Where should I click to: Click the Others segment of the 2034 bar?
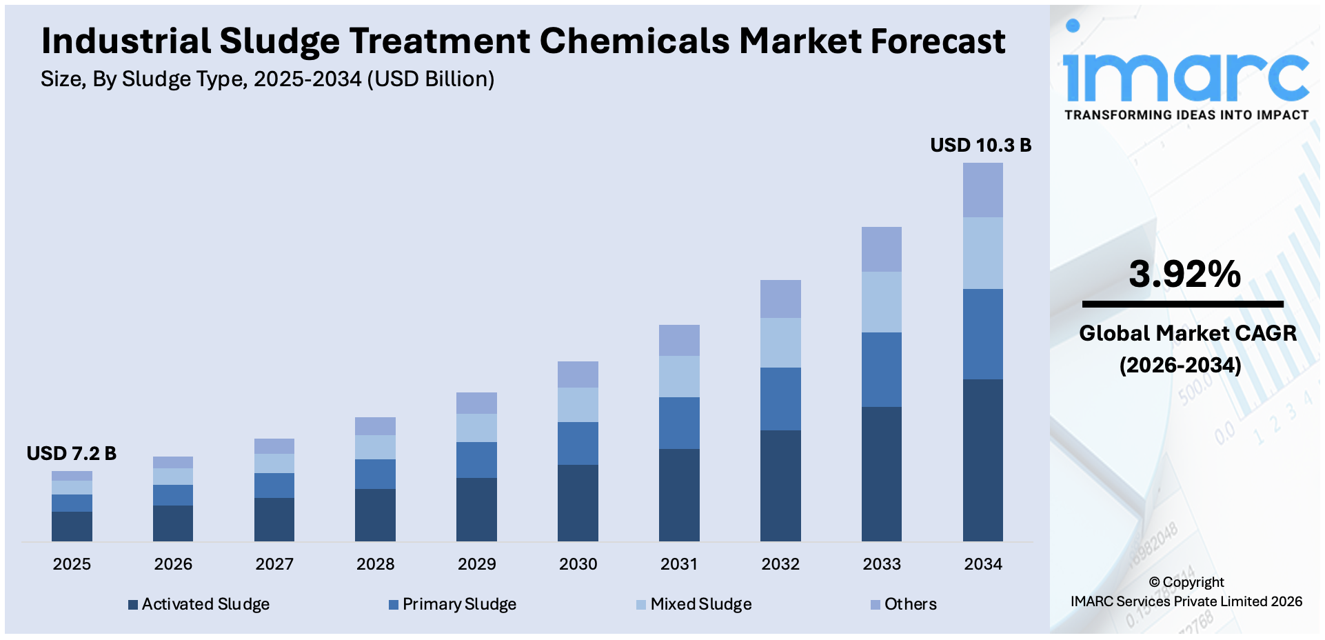982,190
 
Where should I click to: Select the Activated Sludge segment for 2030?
578,502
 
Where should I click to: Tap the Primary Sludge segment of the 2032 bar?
780,399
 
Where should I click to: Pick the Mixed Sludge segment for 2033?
881,301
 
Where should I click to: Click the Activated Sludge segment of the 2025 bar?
72,526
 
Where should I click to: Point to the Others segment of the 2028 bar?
375,426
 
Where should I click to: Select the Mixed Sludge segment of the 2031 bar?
679,376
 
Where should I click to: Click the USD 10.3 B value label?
980,145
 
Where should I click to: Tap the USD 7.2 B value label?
71,453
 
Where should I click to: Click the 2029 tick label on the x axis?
476,564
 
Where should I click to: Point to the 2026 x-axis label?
173,564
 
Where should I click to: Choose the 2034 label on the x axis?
982,564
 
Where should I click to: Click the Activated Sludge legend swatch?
133,605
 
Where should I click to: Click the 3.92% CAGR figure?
1184,274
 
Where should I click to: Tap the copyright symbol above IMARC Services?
1154,583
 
